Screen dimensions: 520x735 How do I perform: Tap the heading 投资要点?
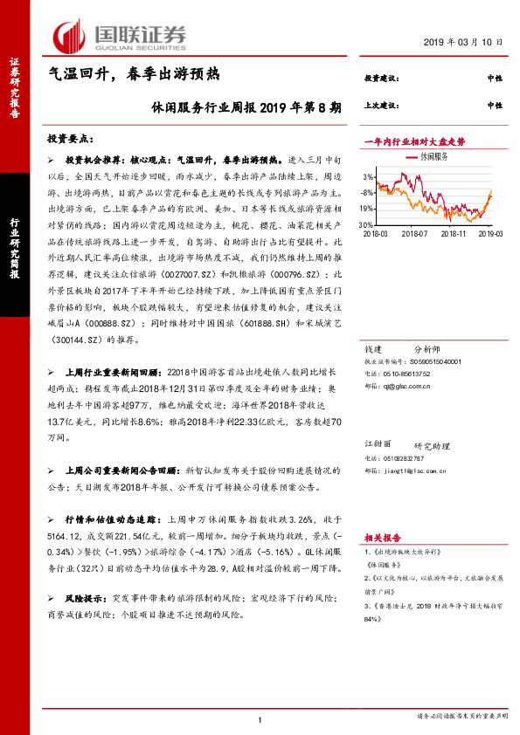(76, 139)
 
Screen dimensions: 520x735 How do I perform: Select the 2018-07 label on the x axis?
(414, 234)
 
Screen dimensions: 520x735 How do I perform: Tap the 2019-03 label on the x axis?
(491, 234)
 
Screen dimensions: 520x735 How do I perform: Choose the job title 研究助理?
(430, 444)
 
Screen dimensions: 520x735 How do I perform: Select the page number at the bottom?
(260, 718)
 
